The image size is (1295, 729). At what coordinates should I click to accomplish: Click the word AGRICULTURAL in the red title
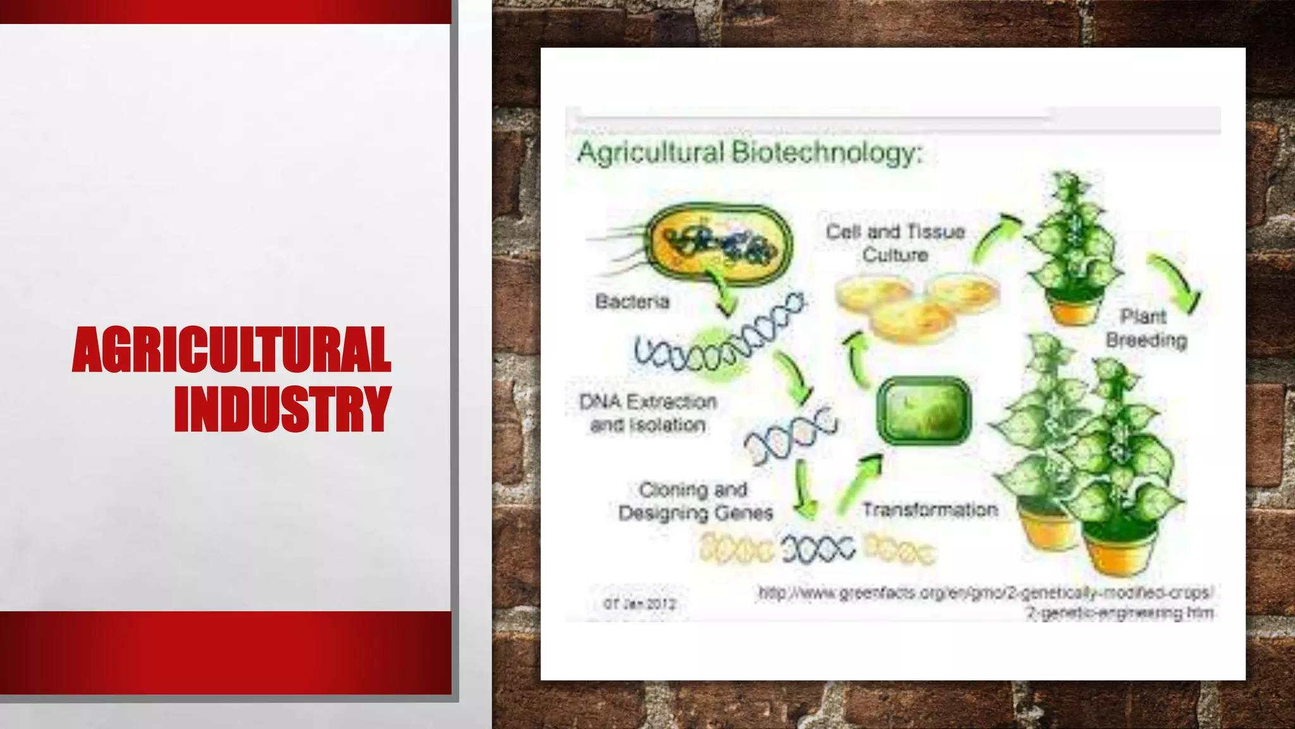(231, 350)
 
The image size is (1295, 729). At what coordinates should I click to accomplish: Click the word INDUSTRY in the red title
(283, 409)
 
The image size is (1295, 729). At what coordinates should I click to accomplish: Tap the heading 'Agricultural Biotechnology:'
(749, 153)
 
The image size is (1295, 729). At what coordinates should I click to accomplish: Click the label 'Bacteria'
(632, 302)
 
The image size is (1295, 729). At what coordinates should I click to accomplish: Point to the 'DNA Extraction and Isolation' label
(648, 413)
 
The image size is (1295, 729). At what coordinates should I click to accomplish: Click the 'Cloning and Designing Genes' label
(695, 501)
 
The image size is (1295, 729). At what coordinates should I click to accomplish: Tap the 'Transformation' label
(930, 509)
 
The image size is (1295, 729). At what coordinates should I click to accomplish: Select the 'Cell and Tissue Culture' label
(895, 243)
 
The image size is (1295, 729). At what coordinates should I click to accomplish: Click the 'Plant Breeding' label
(1145, 328)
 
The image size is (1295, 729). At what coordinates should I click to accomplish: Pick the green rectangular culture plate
(924, 411)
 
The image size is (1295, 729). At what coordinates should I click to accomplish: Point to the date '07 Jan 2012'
(639, 604)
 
